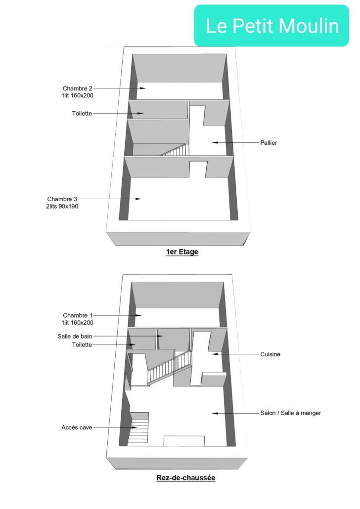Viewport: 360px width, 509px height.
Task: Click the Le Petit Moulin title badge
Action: [271, 26]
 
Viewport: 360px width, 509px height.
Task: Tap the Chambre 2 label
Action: [77, 88]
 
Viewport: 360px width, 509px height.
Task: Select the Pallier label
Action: [269, 142]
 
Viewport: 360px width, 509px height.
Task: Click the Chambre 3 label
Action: [62, 199]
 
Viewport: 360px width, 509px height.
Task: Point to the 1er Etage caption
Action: [182, 252]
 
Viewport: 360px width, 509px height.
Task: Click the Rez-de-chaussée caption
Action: [186, 478]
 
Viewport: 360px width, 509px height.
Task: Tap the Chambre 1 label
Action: [78, 315]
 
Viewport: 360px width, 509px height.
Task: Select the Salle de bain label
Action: [75, 337]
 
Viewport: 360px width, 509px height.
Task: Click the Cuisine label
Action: [270, 354]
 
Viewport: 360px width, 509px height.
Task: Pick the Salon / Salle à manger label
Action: [290, 413]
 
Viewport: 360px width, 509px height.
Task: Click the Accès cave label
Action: [77, 427]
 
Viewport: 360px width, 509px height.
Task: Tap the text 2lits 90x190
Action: [62, 206]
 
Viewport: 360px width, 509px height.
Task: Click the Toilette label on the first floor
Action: [82, 113]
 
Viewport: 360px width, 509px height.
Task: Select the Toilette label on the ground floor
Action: [82, 345]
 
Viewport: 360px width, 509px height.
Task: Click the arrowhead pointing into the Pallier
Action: [215, 142]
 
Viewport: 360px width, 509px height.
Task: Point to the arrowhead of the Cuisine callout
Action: [215, 354]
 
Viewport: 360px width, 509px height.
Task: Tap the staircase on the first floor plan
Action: [175, 150]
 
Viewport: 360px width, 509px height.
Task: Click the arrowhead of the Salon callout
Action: [215, 413]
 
